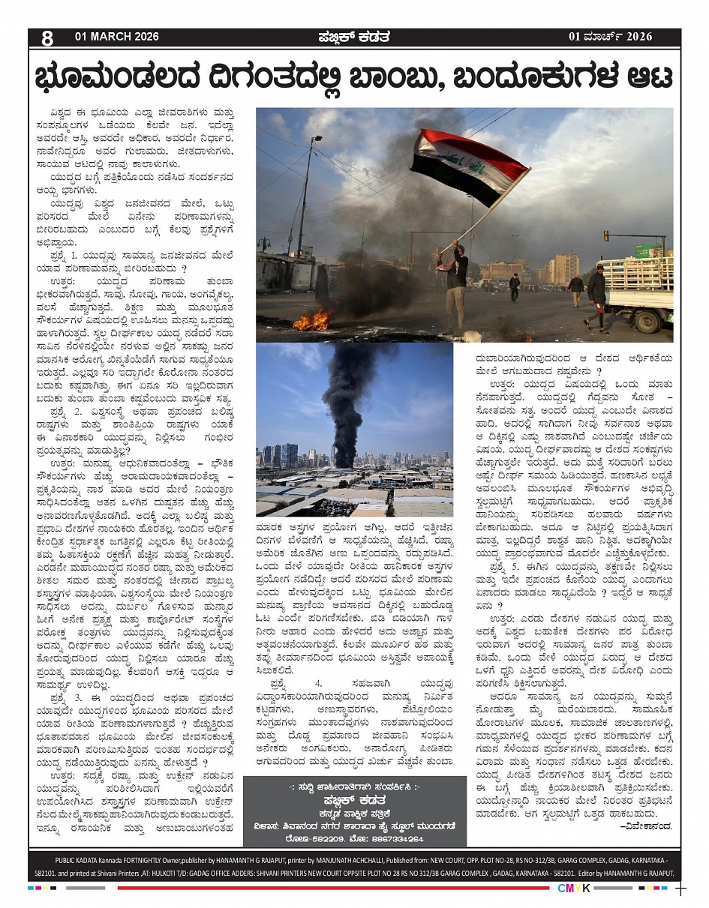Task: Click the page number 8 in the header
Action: [47, 37]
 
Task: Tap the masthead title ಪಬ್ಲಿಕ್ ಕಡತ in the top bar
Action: [353, 37]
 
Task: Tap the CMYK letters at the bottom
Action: [574, 889]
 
